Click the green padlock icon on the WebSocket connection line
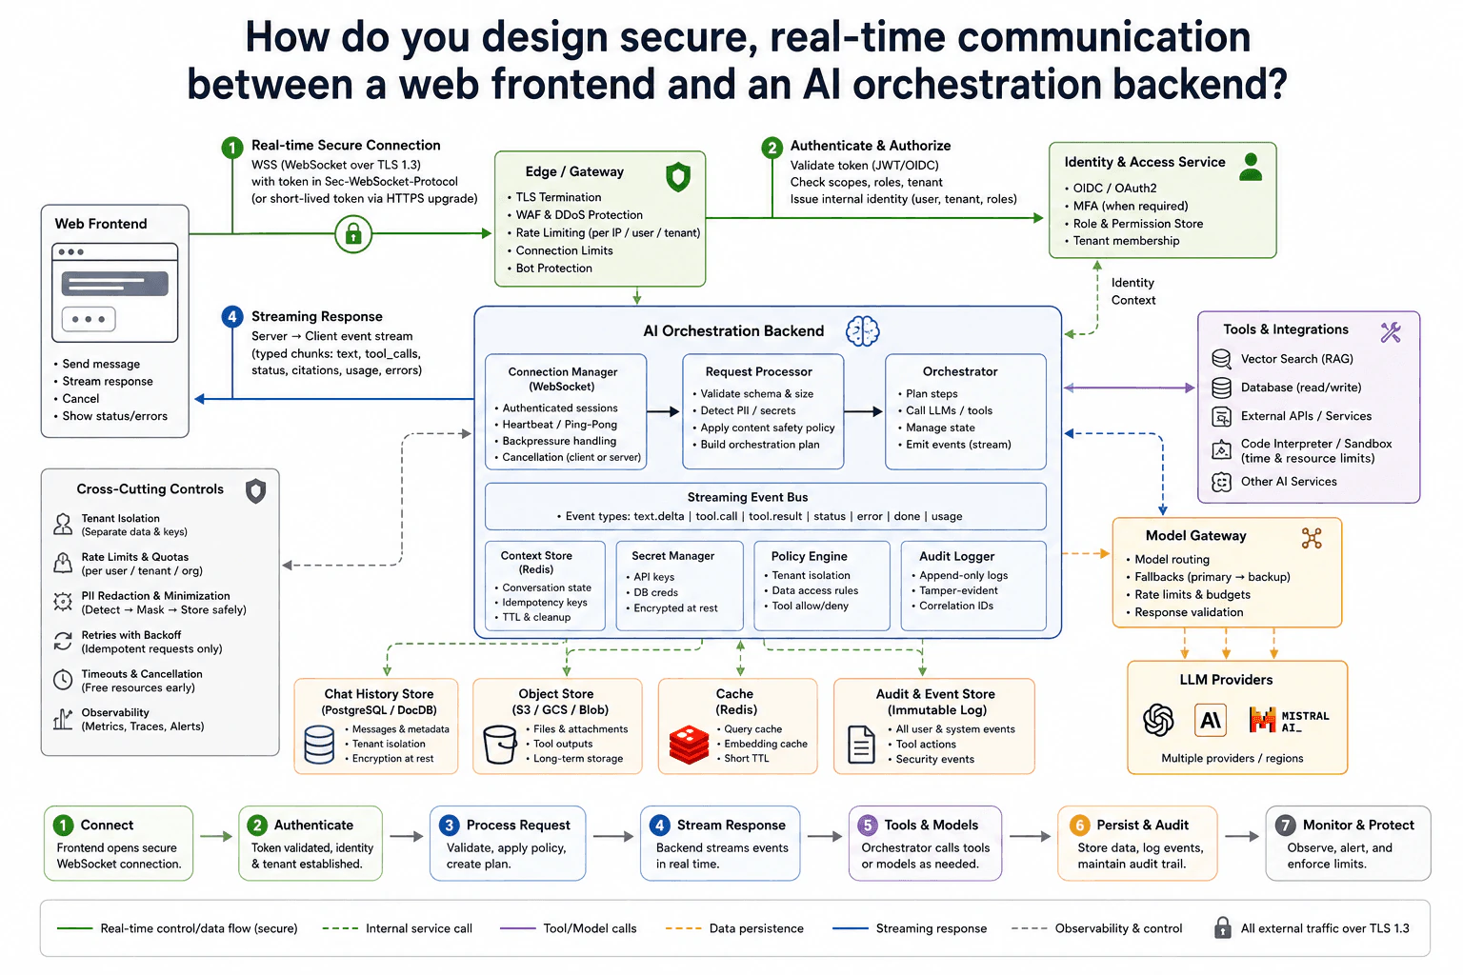pos(353,234)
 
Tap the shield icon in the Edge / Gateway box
pos(678,176)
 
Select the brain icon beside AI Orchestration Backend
pos(862,331)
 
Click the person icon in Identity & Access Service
pos(1251,168)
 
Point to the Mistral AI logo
pos(1289,720)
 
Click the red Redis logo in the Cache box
pos(689,745)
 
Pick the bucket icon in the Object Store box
pos(500,745)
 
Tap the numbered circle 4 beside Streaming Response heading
pos(231,317)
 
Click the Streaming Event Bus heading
pos(747,497)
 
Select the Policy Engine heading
pos(809,556)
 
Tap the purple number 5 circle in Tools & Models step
pos(868,825)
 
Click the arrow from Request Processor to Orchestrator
pos(863,411)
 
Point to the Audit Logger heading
pos(956,556)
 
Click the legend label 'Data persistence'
pos(756,928)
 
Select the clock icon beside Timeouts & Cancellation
pos(63,680)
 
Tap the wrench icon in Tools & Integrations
pos(1391,332)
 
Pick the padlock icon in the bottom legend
pos(1223,927)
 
